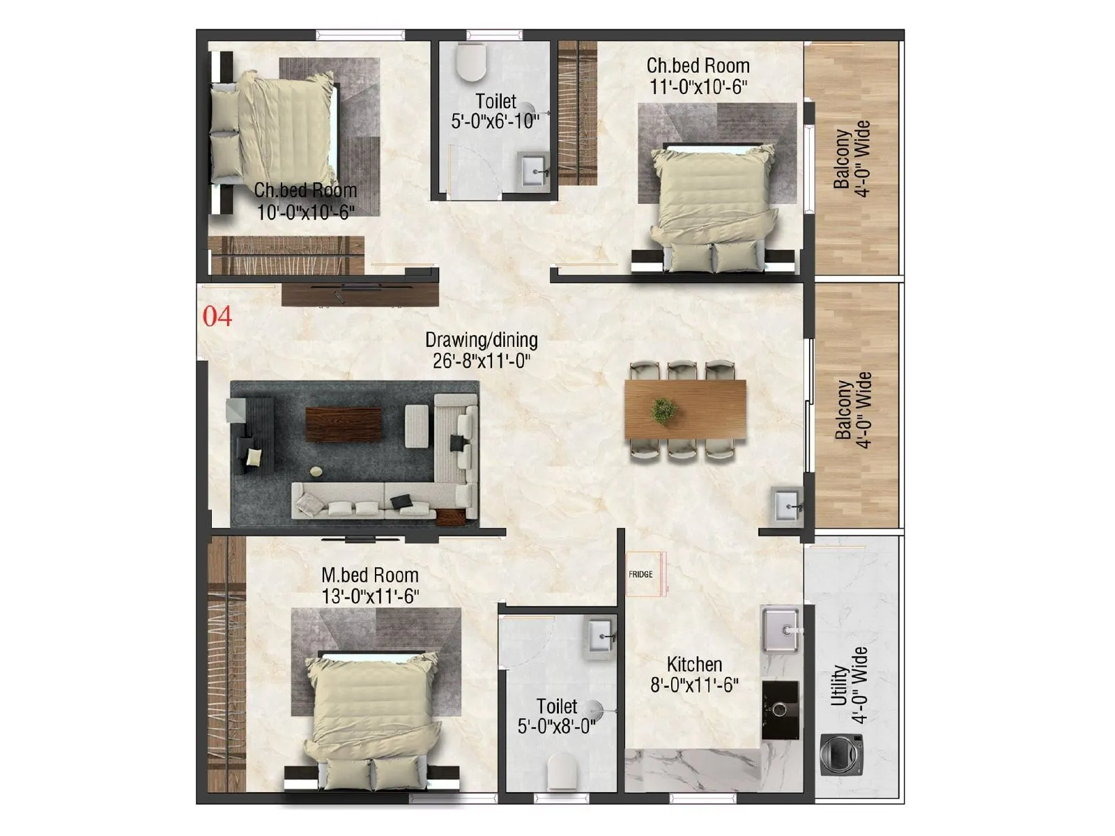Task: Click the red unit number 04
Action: [217, 316]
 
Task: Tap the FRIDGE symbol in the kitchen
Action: [642, 574]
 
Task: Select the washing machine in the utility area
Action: [842, 754]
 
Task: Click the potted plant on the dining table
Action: [663, 410]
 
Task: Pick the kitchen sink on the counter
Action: [780, 630]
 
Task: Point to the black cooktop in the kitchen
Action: [780, 710]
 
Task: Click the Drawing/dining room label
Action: [482, 340]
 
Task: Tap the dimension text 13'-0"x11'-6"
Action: [370, 597]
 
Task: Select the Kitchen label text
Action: [694, 664]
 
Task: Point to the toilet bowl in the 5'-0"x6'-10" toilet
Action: [471, 62]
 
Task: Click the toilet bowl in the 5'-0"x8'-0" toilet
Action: [562, 773]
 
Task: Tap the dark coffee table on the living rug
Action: [344, 424]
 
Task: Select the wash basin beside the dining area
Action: [787, 506]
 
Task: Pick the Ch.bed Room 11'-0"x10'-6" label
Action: [698, 76]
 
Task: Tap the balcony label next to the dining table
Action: [853, 410]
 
